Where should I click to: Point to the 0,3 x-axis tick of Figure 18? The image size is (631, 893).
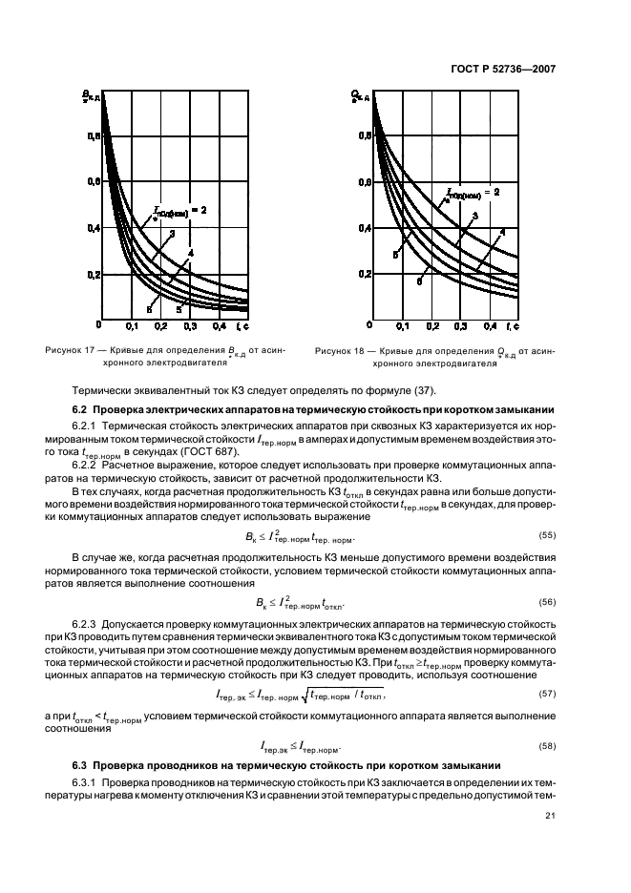coord(461,326)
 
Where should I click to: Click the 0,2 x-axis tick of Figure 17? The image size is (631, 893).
coord(188,326)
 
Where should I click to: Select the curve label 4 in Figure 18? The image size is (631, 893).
coord(502,233)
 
